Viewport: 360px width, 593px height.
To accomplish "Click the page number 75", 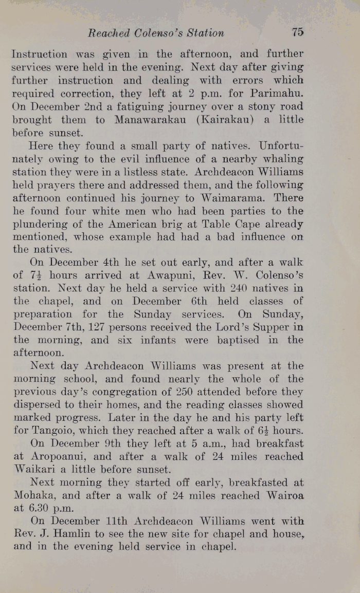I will [x=297, y=32].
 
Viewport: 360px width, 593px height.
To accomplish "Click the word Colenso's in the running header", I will [x=156, y=33].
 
